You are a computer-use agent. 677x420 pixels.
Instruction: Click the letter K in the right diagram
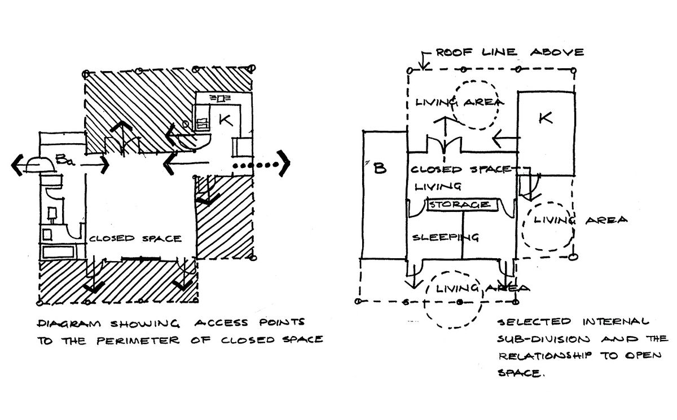pyautogui.click(x=545, y=119)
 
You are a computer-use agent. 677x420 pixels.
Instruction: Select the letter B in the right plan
pyautogui.click(x=380, y=168)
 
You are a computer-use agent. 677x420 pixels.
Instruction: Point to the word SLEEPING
pyautogui.click(x=446, y=237)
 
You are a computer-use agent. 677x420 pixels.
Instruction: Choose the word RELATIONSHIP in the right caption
pyautogui.click(x=548, y=357)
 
